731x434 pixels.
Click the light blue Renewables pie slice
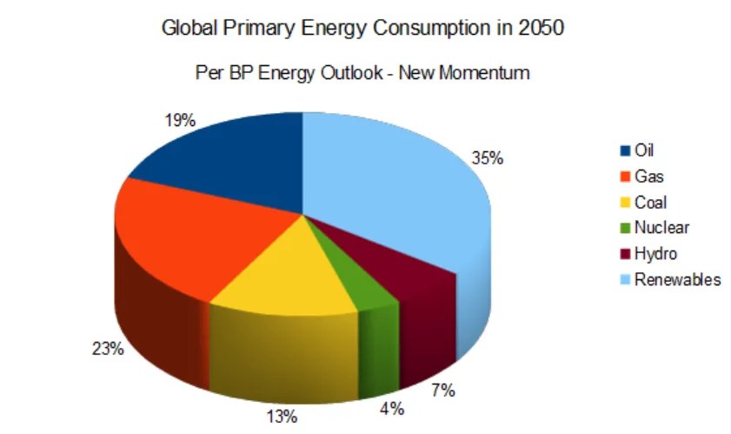click(400, 183)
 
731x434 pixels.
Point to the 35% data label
click(487, 159)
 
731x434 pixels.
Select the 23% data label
click(110, 349)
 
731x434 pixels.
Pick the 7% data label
click(442, 391)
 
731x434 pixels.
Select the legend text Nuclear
click(661, 228)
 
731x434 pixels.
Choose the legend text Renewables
click(678, 279)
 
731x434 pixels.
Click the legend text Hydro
click(655, 253)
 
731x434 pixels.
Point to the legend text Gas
click(649, 177)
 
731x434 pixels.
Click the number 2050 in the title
click(541, 28)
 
